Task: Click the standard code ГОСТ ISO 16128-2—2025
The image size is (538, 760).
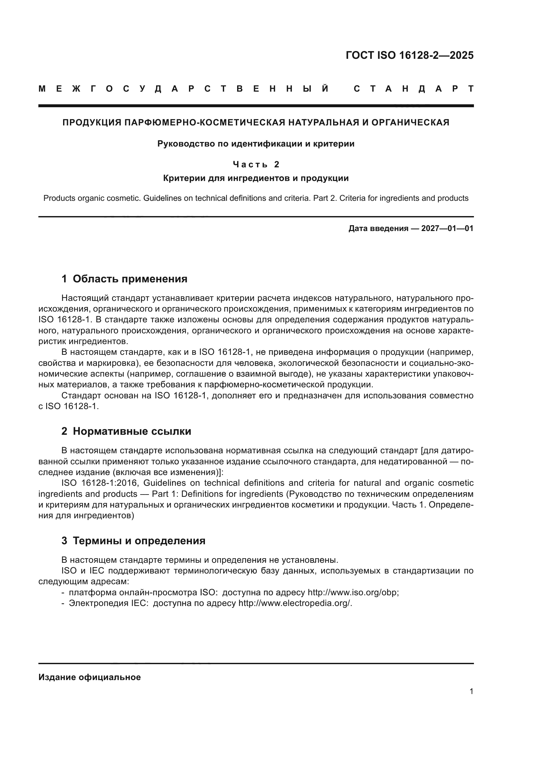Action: click(x=410, y=55)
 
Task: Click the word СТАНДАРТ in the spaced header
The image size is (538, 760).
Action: click(x=414, y=89)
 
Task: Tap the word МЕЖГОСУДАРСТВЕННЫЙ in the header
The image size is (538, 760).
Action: click(x=184, y=89)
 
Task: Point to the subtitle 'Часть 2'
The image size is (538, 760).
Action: click(x=256, y=164)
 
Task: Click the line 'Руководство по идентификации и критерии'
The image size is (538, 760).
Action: click(x=256, y=144)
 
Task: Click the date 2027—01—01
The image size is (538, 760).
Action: click(x=447, y=228)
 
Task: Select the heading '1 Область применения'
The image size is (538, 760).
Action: click(x=125, y=279)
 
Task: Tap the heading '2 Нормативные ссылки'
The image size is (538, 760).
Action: click(x=126, y=431)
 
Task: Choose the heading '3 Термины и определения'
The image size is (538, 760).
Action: click(x=133, y=541)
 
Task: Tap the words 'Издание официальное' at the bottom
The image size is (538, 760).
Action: click(x=90, y=677)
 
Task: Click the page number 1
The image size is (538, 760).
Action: click(x=471, y=691)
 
